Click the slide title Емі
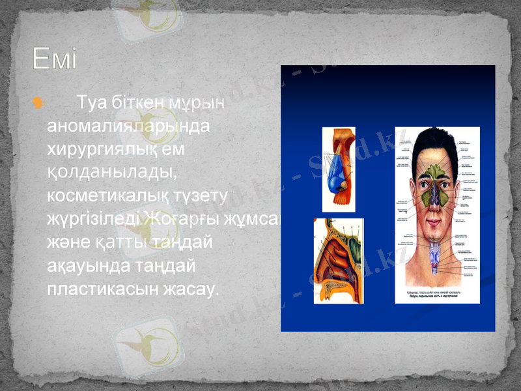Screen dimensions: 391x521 point(55,61)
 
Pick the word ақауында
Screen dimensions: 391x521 point(85,266)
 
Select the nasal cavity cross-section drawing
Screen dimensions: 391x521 point(338,261)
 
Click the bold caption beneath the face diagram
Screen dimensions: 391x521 point(436,297)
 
